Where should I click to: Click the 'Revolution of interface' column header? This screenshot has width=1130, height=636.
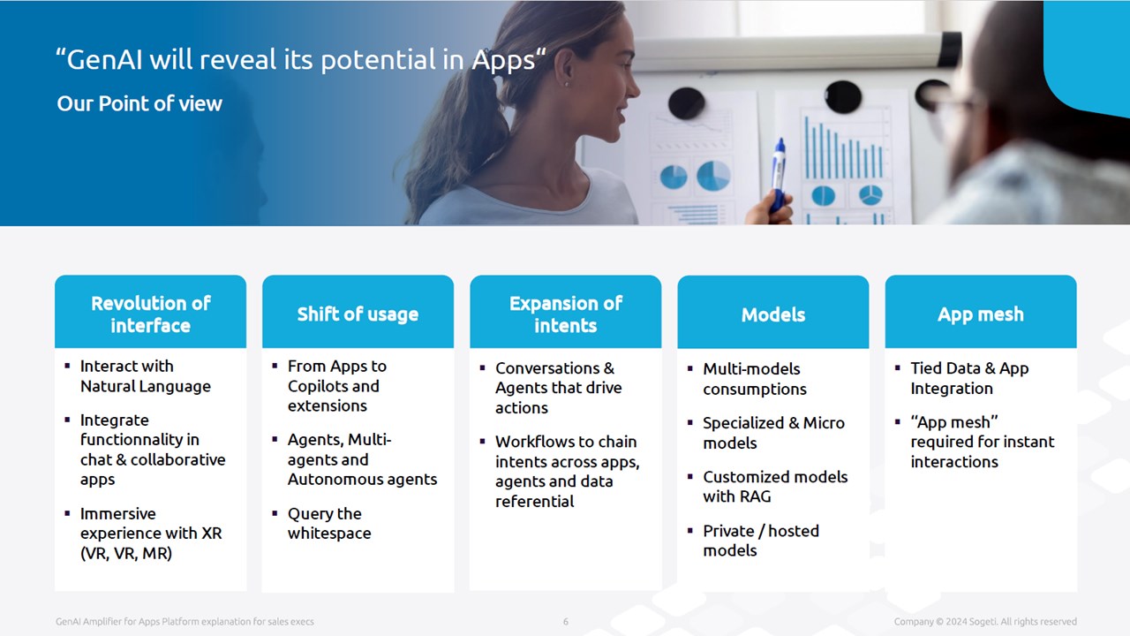[150, 314]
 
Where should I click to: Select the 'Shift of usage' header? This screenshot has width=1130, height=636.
[358, 314]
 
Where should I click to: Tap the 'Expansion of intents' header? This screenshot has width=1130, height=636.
[566, 314]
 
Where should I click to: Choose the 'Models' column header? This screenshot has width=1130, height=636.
[772, 314]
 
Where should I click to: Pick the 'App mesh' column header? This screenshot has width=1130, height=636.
[981, 314]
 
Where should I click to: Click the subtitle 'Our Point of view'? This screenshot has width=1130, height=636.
[139, 103]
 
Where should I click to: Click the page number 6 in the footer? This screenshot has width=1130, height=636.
[566, 621]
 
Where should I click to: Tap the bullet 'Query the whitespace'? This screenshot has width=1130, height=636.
[329, 523]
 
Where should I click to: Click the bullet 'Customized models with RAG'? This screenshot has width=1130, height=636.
[775, 487]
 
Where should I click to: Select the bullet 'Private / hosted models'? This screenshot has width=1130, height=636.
[761, 540]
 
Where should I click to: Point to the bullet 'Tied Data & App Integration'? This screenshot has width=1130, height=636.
[969, 378]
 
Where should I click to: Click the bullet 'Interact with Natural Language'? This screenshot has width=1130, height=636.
[146, 376]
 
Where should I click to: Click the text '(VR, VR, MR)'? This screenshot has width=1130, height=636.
[126, 553]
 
